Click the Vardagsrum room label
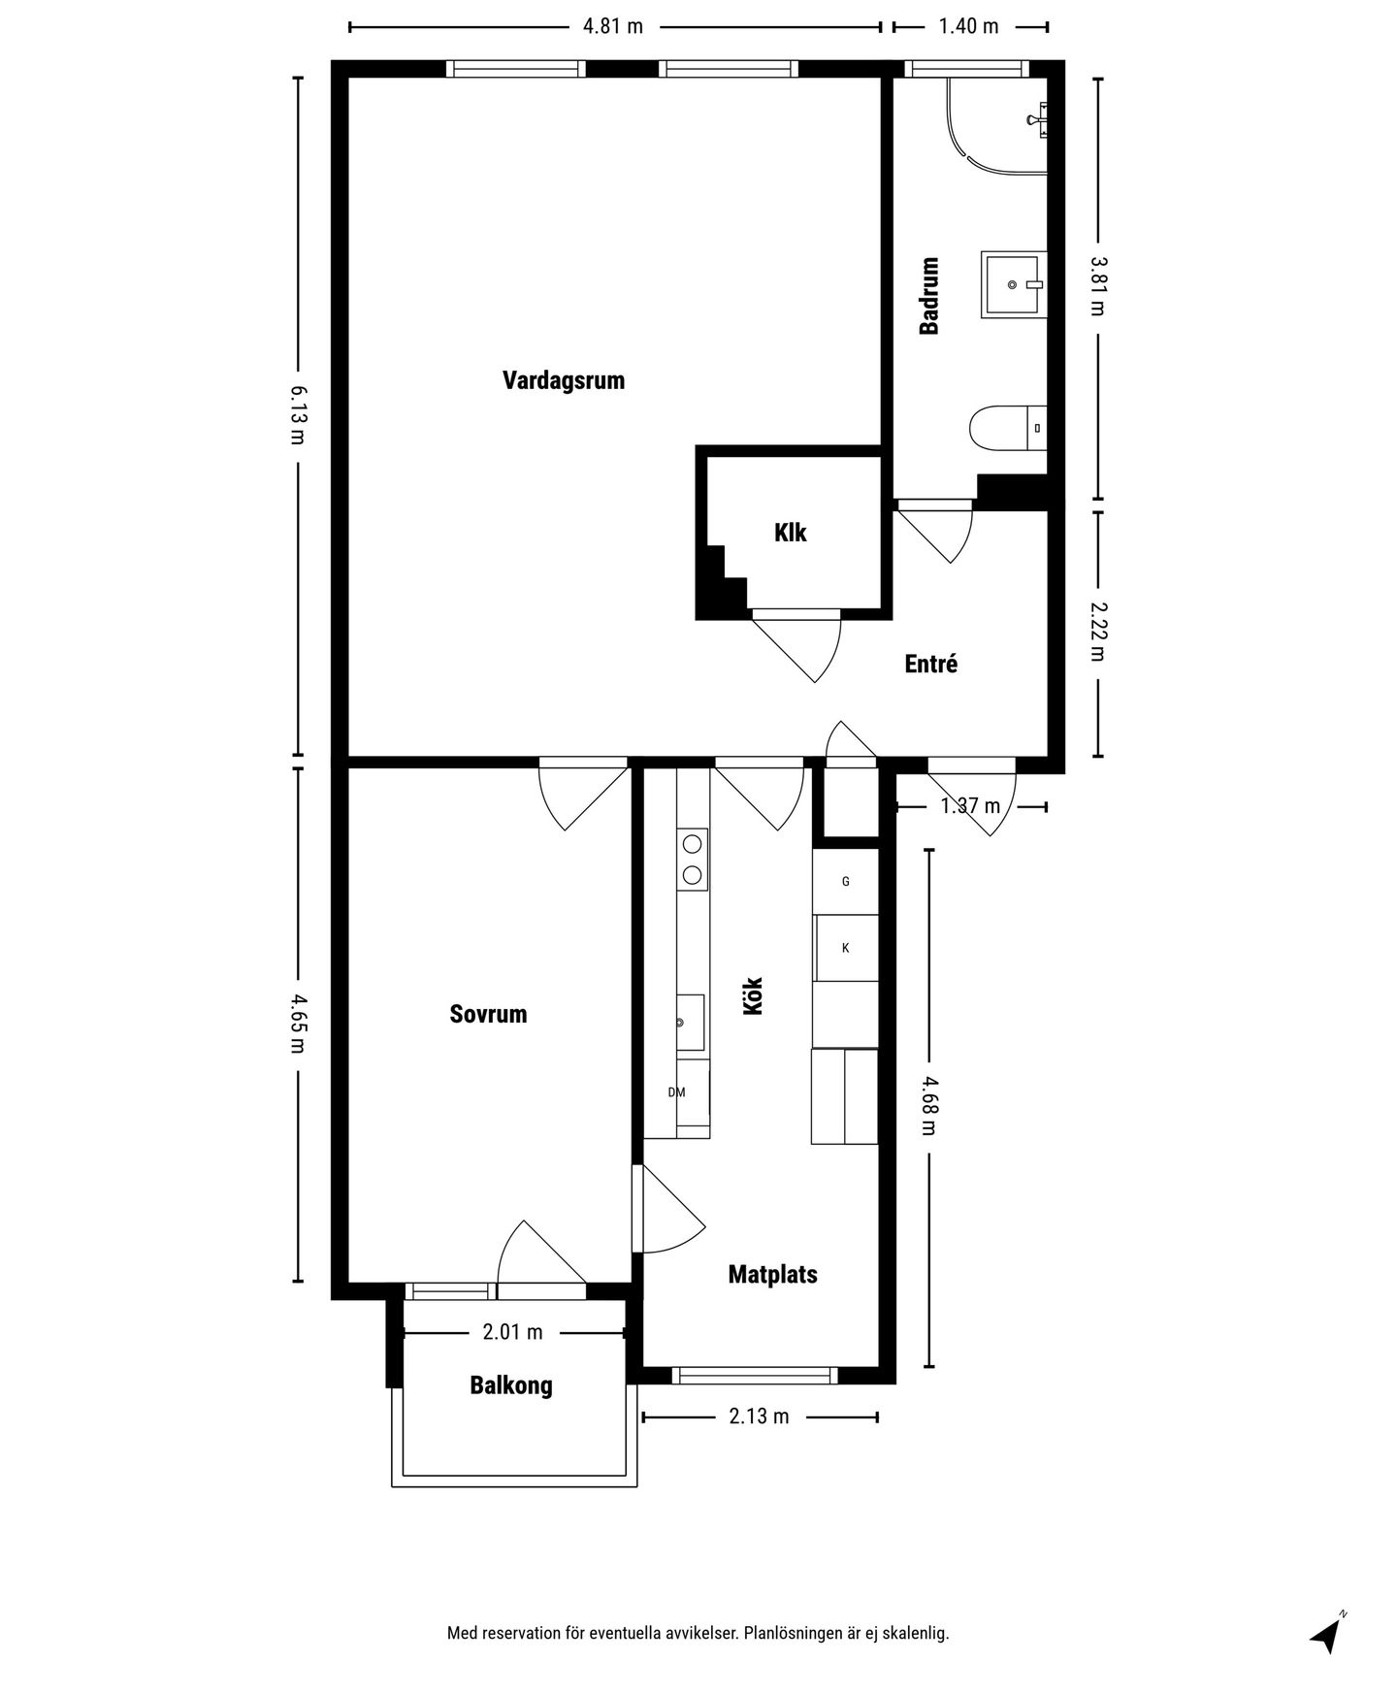pos(564,379)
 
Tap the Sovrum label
pos(488,1014)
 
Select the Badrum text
pos(929,296)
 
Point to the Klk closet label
pos(791,533)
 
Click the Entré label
pos(931,664)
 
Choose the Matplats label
pos(773,1274)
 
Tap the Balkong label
pos(511,1384)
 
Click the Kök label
pos(754,995)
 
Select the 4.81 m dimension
pos(613,26)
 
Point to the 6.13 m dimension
pos(298,414)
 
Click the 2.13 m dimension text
pos(759,1416)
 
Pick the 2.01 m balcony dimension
pos(513,1332)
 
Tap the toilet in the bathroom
pos(1008,428)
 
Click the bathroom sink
pos(1015,284)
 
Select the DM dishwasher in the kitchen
pos(677,1092)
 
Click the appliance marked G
pos(846,882)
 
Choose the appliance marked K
pos(846,948)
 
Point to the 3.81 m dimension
pos(1098,286)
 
